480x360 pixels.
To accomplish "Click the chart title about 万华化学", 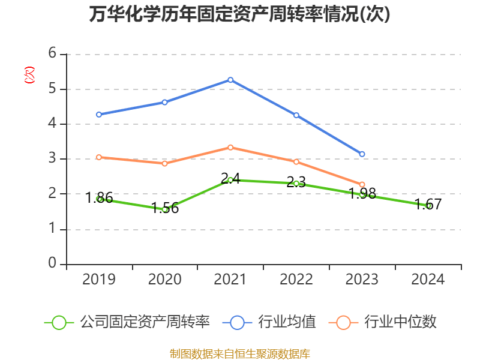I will (239, 14).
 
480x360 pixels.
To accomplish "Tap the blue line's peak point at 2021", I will (230, 80).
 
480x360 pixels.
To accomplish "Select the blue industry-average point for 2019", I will (99, 114).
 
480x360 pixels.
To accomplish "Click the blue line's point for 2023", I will (362, 154).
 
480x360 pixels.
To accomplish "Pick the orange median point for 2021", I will (230, 147).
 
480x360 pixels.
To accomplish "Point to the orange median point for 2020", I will (165, 163).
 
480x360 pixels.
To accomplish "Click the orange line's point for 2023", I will (362, 184).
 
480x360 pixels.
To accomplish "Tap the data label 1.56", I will (165, 208).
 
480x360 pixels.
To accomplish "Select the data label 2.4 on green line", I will (230, 178).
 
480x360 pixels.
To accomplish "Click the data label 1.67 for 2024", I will (428, 204).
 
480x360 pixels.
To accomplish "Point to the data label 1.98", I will (362, 193).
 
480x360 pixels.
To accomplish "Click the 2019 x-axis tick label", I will (99, 279).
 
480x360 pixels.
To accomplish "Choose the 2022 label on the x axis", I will (296, 279).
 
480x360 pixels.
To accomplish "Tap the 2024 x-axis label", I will (428, 279).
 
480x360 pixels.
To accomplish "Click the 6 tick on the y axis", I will (53, 53).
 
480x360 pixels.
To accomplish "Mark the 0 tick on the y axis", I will (53, 263).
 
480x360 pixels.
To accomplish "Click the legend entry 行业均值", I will (270, 322).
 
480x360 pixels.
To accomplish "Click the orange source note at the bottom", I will (240, 354).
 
